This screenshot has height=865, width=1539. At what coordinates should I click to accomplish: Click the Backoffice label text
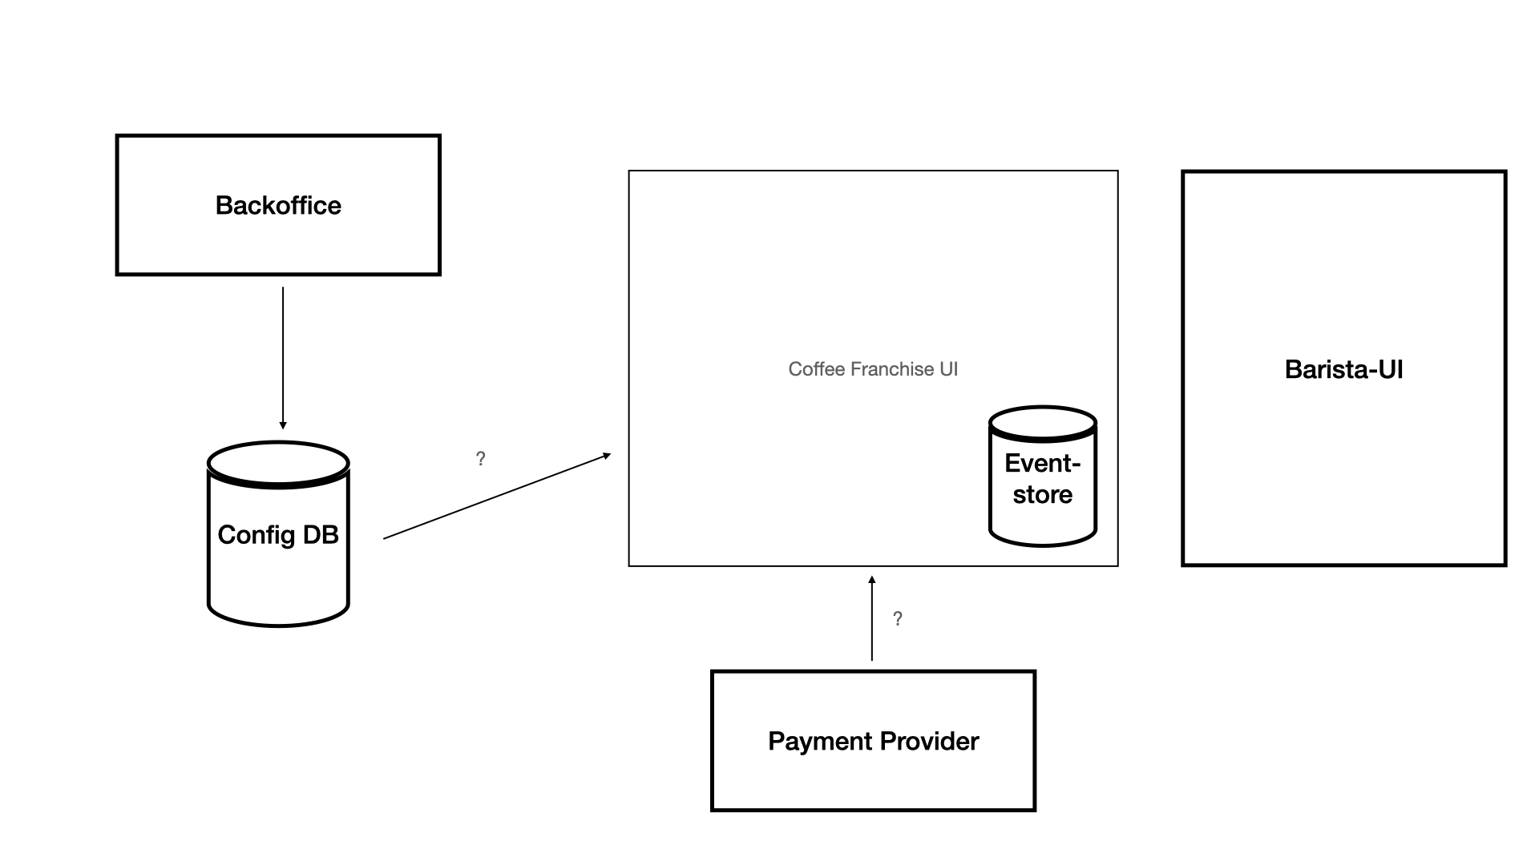pyautogui.click(x=278, y=206)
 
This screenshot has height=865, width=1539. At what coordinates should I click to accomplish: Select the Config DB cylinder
pyautogui.click(x=278, y=561)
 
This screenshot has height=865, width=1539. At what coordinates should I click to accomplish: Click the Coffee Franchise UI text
pyautogui.click(x=873, y=369)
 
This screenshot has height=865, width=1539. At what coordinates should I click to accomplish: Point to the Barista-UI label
pyautogui.click(x=1343, y=369)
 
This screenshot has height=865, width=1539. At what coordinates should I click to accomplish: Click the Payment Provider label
pyautogui.click(x=873, y=742)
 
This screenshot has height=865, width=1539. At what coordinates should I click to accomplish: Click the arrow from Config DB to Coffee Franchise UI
pyautogui.click(x=497, y=497)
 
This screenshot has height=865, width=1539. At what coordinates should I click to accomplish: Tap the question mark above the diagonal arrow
pyautogui.click(x=480, y=459)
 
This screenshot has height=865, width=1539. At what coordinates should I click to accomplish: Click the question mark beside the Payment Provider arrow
pyautogui.click(x=898, y=619)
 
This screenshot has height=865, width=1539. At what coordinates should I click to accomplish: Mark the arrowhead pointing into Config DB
pyautogui.click(x=283, y=424)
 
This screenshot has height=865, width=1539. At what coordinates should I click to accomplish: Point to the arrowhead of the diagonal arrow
pyautogui.click(x=607, y=456)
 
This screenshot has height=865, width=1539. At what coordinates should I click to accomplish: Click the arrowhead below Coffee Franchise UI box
pyautogui.click(x=872, y=579)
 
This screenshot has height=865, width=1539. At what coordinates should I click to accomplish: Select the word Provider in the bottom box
pyautogui.click(x=929, y=742)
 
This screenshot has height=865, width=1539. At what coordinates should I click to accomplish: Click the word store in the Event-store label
pyautogui.click(x=1042, y=495)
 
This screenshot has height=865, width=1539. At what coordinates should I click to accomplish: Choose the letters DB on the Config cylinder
pyautogui.click(x=321, y=535)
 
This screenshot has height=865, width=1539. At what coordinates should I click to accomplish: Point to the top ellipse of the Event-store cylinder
pyautogui.click(x=1042, y=423)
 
